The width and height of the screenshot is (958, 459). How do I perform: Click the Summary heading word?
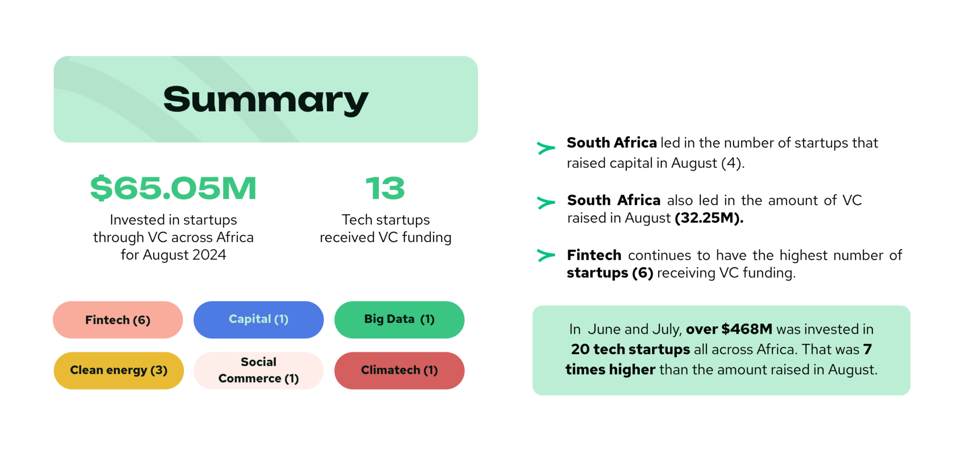pyautogui.click(x=266, y=100)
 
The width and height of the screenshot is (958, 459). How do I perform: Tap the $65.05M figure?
pyautogui.click(x=173, y=188)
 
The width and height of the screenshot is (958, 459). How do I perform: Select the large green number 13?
pyautogui.click(x=385, y=188)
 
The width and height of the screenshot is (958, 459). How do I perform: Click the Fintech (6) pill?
pyautogui.click(x=118, y=320)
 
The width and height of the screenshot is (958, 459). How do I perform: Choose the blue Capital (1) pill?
pyautogui.click(x=259, y=320)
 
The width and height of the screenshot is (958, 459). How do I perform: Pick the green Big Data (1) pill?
pyautogui.click(x=399, y=320)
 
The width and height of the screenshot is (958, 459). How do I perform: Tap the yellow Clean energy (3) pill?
pyautogui.click(x=119, y=371)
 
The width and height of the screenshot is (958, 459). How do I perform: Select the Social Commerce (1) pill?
pyautogui.click(x=259, y=371)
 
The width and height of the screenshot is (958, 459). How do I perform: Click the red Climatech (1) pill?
pyautogui.click(x=399, y=371)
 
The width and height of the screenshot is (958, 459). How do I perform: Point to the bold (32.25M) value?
pyautogui.click(x=709, y=218)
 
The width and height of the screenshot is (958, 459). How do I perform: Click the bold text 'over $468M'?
pyautogui.click(x=729, y=329)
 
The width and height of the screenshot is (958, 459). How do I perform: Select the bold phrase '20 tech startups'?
pyautogui.click(x=631, y=349)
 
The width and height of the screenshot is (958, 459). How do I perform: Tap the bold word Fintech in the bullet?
pyautogui.click(x=594, y=255)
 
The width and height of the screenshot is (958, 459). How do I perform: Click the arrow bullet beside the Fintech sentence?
pyautogui.click(x=545, y=255)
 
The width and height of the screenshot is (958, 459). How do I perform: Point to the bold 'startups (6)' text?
pyautogui.click(x=610, y=273)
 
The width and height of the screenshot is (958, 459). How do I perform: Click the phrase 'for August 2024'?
pyautogui.click(x=173, y=255)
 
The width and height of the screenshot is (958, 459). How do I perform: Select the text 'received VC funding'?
pyautogui.click(x=385, y=237)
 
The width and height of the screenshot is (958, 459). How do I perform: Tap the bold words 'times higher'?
pyautogui.click(x=610, y=369)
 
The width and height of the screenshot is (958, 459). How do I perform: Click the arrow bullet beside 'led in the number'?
pyautogui.click(x=545, y=148)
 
